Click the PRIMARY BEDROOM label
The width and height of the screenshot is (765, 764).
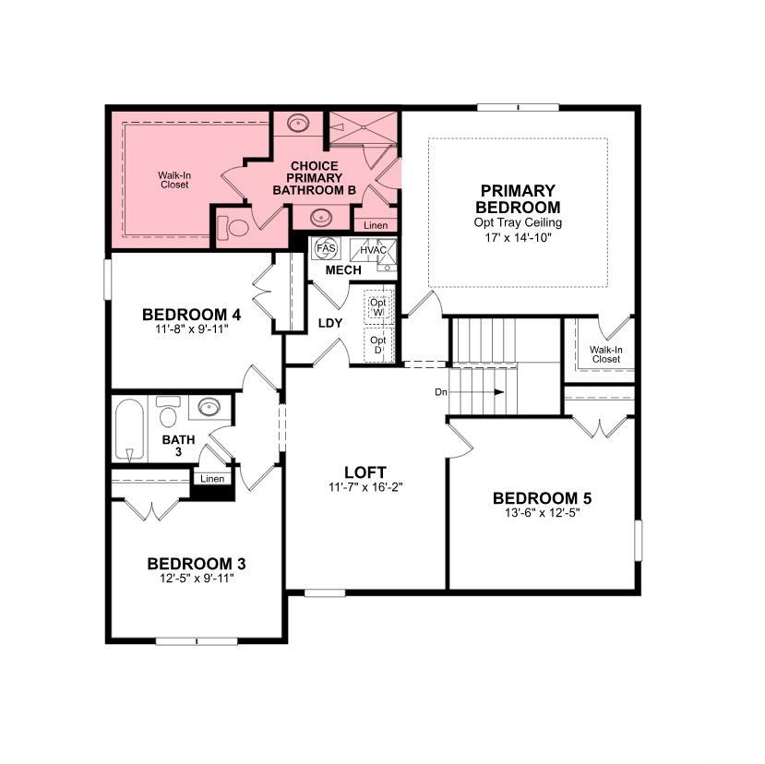point(518,198)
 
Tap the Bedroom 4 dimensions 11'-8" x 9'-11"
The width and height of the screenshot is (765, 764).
point(192,329)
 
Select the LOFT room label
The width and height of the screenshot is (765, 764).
point(365,472)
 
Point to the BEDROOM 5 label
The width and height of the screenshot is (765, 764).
point(542,498)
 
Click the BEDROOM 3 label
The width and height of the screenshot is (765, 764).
point(197,564)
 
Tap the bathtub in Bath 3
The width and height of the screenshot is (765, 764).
point(129,429)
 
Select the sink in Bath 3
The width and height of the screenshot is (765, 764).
point(209,407)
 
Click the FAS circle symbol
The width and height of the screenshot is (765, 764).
point(326,248)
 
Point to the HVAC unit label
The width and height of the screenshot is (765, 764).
point(373,250)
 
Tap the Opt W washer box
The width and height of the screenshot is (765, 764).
point(378,306)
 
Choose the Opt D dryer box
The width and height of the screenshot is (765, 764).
point(378,345)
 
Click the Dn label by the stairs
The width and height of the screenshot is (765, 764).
point(441,392)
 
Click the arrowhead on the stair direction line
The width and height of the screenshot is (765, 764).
point(499,392)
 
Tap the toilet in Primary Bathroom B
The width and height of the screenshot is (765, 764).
point(233,228)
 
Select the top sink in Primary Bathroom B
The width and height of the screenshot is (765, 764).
point(296,123)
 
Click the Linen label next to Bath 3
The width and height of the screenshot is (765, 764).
point(212,479)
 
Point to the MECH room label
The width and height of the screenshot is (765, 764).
point(343,270)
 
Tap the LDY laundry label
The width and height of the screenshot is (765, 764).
point(330,323)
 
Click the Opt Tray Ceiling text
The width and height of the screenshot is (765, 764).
point(518,222)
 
